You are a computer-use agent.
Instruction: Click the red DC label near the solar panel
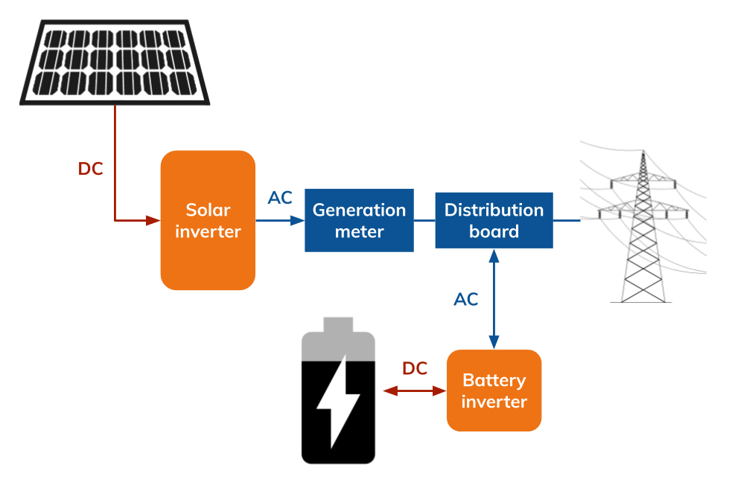90,169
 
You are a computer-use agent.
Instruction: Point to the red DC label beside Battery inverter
415,368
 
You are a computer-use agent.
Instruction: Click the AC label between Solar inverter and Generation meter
280,198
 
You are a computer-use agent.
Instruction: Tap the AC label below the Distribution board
466,299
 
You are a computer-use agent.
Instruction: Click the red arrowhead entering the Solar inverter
153,220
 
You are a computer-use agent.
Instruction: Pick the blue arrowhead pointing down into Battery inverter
494,341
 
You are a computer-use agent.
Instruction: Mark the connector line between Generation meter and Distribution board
424,220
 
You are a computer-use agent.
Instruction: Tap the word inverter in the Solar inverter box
208,231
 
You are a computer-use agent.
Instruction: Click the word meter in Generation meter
359,231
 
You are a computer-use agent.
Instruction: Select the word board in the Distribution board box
494,231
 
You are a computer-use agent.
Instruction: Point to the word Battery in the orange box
494,380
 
